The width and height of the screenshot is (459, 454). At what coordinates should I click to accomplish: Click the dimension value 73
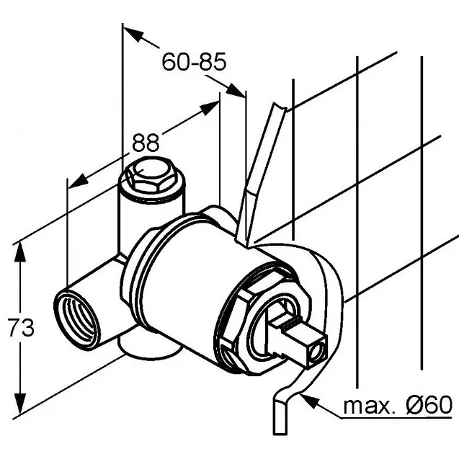tap(21, 327)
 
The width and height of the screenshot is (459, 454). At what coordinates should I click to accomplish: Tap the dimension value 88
tap(146, 143)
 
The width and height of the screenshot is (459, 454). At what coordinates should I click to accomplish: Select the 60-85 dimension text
tap(194, 61)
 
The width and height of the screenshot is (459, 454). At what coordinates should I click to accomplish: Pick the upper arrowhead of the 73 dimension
tap(20, 252)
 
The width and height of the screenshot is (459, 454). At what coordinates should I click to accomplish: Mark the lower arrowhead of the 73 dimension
tap(20, 404)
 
